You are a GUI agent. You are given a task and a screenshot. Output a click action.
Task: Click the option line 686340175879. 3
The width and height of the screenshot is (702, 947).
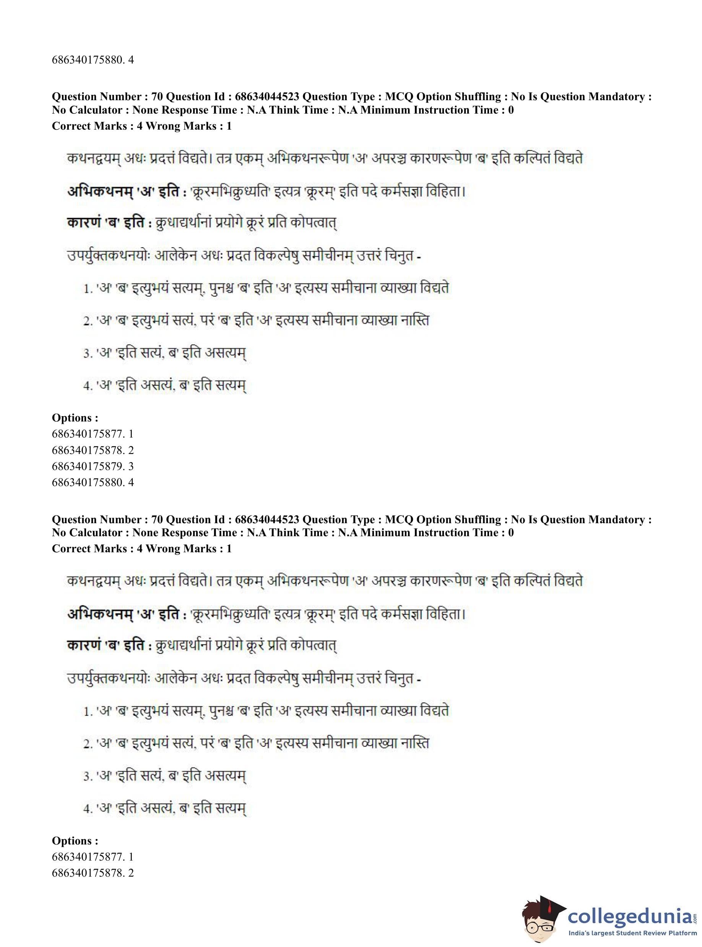click(93, 466)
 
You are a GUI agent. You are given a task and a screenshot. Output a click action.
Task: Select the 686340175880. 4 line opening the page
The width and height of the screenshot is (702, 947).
click(93, 60)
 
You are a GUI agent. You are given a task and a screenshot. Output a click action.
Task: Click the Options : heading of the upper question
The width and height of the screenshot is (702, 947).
click(75, 418)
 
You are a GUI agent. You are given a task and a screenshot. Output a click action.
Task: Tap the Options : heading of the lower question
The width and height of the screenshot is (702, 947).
click(75, 841)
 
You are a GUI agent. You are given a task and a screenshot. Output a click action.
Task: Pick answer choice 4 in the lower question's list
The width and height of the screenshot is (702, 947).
click(165, 808)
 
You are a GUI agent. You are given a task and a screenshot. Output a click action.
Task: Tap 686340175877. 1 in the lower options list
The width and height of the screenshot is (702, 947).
click(93, 857)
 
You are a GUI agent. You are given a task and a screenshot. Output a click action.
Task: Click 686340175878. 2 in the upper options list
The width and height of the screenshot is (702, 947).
click(93, 450)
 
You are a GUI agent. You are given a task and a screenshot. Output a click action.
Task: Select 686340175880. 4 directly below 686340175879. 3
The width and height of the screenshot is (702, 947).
click(93, 482)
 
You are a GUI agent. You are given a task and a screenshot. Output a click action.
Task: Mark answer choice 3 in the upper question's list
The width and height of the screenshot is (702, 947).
click(165, 353)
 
